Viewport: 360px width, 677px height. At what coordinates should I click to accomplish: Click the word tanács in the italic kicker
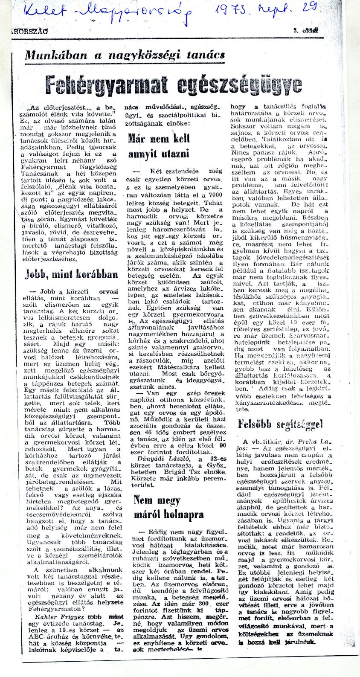(206, 55)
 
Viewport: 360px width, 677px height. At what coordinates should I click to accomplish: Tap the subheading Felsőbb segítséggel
(280, 424)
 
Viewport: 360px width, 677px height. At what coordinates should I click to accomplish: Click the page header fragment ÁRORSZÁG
(30, 31)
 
